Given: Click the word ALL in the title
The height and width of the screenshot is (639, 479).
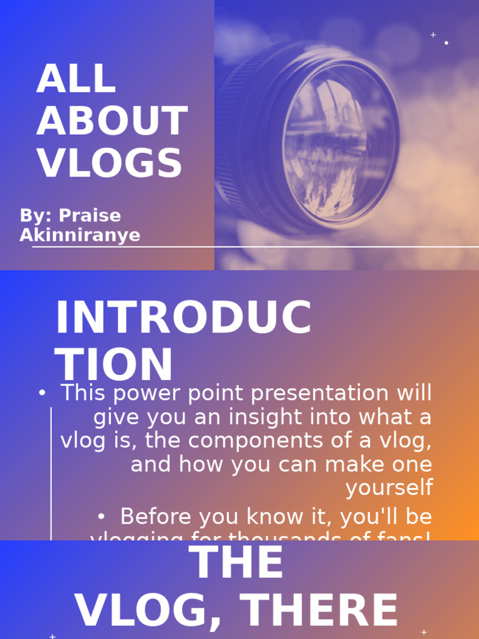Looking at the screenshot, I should (76, 79).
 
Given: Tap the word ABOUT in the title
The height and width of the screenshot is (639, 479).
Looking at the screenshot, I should (112, 121).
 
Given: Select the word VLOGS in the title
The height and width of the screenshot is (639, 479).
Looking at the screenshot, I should (110, 163).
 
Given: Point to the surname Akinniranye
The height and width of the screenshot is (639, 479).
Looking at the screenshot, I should (80, 235).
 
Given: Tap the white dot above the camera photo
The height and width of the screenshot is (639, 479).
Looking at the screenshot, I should (446, 43).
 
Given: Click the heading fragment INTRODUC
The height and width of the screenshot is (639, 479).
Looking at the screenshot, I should (183, 318).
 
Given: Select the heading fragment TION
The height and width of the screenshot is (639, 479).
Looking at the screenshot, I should (114, 365).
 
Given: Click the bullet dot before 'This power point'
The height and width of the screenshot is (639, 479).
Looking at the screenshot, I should (42, 393).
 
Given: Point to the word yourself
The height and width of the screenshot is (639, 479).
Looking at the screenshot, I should (389, 488).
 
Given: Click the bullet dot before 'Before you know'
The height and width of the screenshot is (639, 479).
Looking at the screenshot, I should (102, 517).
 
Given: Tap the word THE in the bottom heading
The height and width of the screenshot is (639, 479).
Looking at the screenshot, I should (236, 563).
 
